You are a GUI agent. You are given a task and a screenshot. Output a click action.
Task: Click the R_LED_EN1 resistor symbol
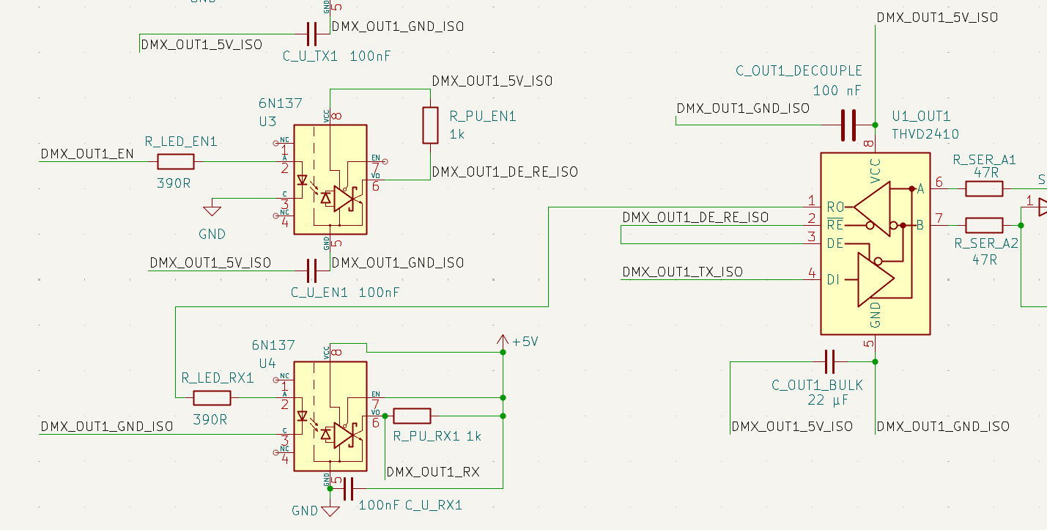(x=176, y=162)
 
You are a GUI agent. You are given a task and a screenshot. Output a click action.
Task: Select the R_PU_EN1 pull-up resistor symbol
(x=430, y=125)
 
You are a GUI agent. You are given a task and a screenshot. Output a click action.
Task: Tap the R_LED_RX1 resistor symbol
(x=212, y=398)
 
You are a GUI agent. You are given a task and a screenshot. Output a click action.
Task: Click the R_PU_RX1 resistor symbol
(x=412, y=416)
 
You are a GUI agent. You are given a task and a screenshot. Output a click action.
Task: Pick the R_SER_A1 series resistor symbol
(x=984, y=189)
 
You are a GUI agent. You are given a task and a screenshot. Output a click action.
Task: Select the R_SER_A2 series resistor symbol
(x=984, y=225)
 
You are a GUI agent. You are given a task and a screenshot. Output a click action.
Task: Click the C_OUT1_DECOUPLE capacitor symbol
(x=848, y=125)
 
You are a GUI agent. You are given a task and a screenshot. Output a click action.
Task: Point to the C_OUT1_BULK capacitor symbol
(x=829, y=361)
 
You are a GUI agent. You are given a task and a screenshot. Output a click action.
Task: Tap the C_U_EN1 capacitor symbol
(x=311, y=270)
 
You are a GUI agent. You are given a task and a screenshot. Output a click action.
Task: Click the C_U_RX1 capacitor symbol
(x=348, y=488)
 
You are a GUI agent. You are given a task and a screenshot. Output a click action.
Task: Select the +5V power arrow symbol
(x=503, y=341)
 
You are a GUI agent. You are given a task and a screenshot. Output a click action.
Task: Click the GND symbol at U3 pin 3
(x=212, y=211)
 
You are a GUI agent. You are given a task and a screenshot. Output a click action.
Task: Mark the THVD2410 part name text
(x=925, y=134)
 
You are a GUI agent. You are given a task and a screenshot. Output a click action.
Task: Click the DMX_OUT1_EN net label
(x=87, y=154)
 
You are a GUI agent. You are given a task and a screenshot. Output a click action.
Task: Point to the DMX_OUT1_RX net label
(x=432, y=472)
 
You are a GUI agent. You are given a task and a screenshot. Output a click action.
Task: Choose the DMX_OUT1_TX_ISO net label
(x=682, y=272)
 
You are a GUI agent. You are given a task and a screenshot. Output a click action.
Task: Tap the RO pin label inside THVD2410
(x=835, y=207)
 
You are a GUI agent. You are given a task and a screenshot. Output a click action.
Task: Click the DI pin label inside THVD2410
(x=834, y=279)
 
